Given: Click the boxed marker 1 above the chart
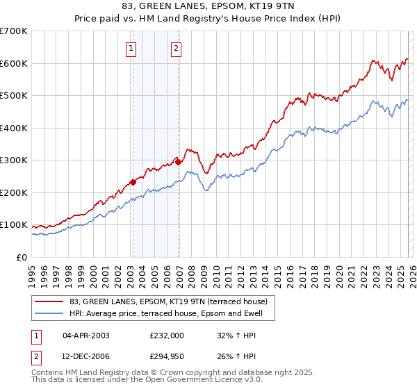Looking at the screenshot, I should coord(131,49).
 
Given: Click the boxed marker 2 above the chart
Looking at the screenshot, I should coord(176,49).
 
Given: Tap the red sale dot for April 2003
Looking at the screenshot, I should coord(133,183).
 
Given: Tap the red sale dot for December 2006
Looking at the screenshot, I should coord(179,162).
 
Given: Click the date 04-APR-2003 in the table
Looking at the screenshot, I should coord(86,335).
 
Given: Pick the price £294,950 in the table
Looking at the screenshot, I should coord(167,357).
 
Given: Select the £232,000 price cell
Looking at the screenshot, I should coord(167,335).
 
